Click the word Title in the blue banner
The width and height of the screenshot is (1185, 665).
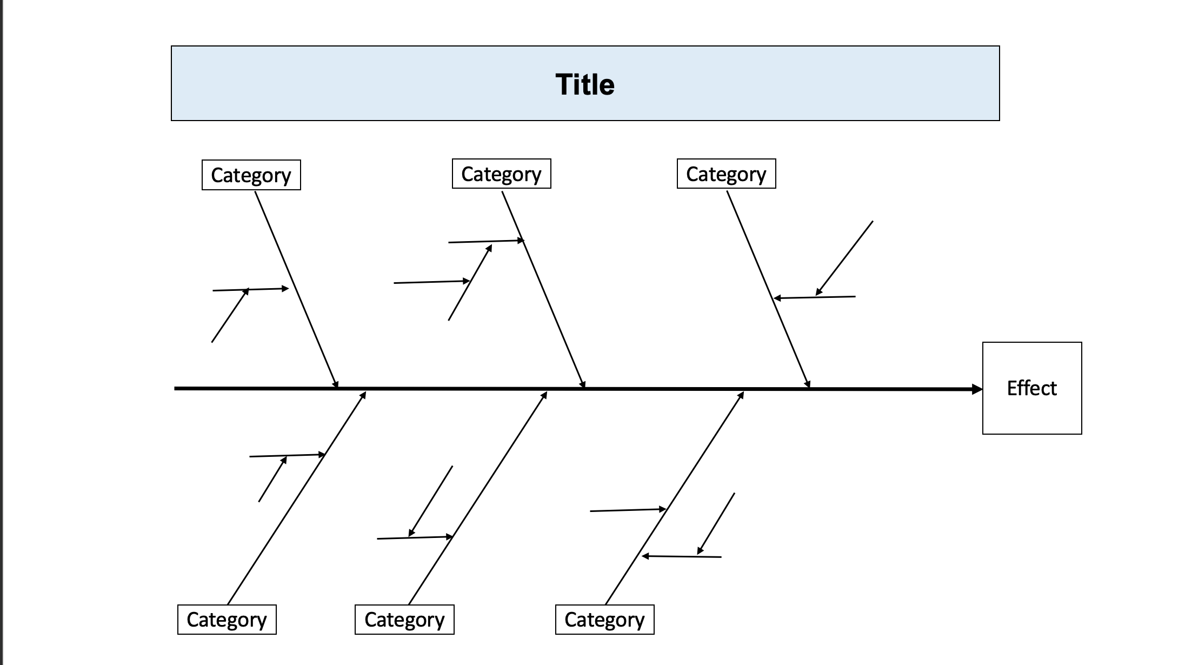tap(585, 85)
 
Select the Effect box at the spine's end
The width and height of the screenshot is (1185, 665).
tap(1031, 388)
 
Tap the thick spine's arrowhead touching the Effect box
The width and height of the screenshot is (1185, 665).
tap(977, 389)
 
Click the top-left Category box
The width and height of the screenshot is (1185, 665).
tap(251, 175)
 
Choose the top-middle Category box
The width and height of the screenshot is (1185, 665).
tap(501, 174)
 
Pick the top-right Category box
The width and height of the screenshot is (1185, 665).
tap(726, 174)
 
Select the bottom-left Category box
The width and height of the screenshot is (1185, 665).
tap(227, 620)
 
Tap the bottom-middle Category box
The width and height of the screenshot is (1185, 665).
tap(404, 620)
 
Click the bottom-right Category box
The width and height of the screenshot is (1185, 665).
tap(604, 620)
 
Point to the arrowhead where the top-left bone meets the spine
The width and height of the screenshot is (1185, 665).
tap(336, 384)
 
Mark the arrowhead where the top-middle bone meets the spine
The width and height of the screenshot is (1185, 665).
tap(583, 384)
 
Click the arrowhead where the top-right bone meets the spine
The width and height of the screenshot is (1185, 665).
tap(808, 384)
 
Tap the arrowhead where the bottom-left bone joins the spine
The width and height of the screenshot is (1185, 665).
tap(363, 395)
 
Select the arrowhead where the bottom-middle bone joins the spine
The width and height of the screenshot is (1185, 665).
tap(544, 395)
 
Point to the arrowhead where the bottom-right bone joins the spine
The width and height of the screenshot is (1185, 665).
tap(741, 395)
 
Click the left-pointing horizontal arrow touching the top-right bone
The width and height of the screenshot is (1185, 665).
tap(814, 297)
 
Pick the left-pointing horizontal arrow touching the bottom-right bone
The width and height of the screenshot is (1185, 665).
tap(681, 556)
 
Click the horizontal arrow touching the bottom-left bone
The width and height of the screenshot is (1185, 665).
tap(287, 455)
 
